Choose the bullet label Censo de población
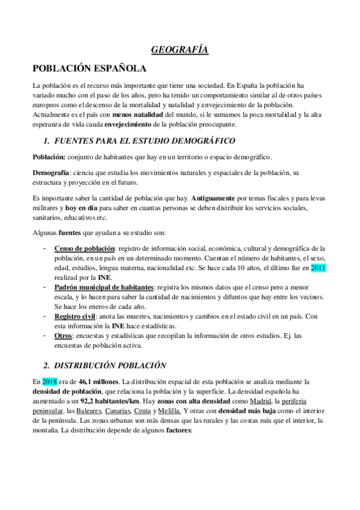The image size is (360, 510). pyautogui.click(x=85, y=248)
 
